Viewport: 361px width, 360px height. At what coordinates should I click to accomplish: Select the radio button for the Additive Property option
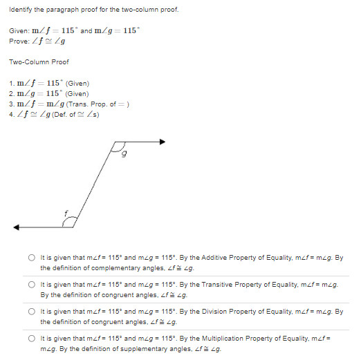coord(33,258)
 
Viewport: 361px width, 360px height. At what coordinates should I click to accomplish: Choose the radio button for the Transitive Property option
coord(33,284)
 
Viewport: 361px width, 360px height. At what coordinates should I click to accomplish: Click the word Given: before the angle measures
coord(19,31)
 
